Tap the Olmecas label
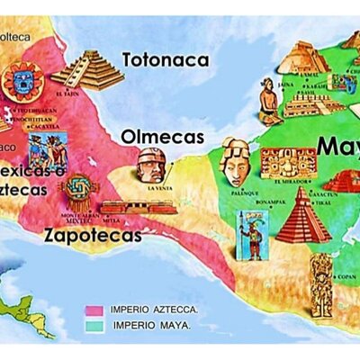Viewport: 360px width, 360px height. point(163,138)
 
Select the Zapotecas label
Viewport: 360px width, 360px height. point(93,236)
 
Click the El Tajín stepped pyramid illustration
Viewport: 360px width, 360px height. point(87,69)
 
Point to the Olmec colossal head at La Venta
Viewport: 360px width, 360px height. point(150,165)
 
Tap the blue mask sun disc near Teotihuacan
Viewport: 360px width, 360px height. point(23,82)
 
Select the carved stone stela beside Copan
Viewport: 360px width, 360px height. point(322,284)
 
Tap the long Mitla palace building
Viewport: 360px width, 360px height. point(137,207)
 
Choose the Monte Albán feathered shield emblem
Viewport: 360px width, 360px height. point(78,192)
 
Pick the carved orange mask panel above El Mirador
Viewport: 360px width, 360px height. point(288,163)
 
